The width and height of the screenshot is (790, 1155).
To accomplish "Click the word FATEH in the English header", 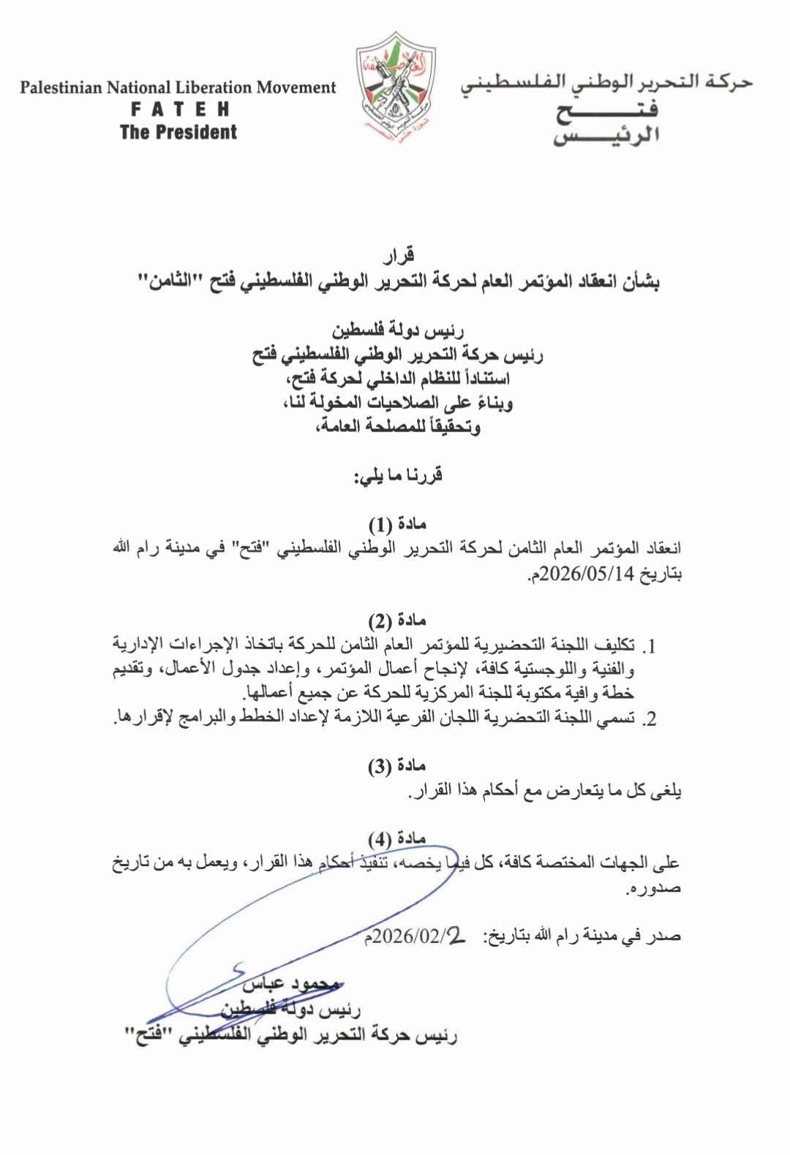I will [179, 110].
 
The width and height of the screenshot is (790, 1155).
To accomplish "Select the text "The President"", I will [179, 132].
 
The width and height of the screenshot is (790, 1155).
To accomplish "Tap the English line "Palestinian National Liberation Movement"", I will [178, 88].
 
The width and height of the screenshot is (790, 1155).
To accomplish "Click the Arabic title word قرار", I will [399, 255].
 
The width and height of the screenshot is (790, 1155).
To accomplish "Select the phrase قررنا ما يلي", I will [399, 476].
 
